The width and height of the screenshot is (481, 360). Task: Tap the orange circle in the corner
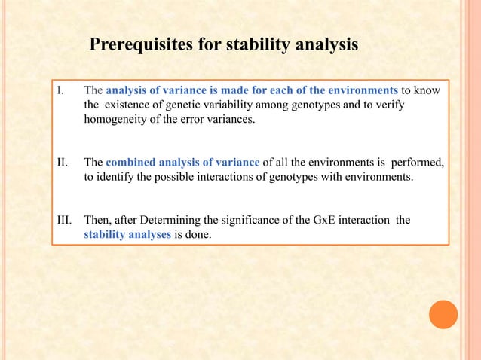(x=443, y=315)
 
